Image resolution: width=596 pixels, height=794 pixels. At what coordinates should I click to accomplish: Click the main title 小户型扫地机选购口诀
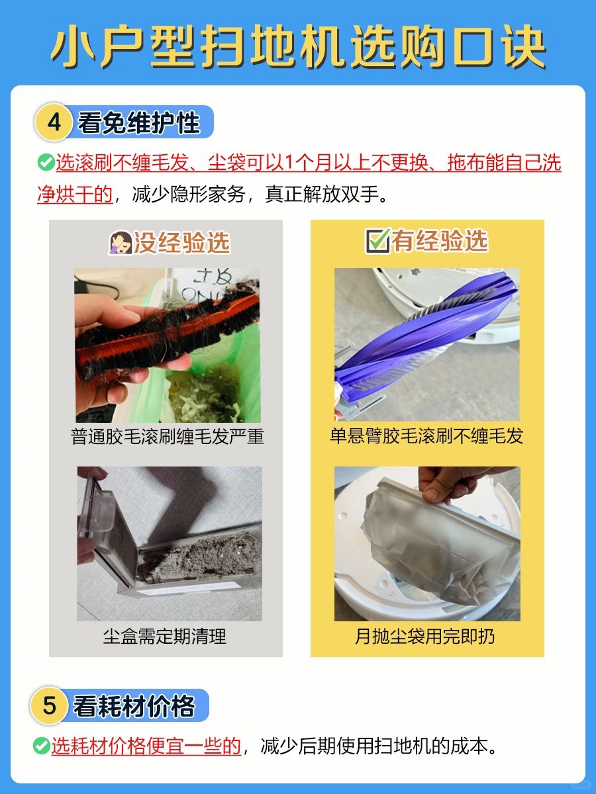tap(298, 47)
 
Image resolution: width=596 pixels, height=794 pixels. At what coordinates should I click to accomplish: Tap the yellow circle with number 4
tap(54, 122)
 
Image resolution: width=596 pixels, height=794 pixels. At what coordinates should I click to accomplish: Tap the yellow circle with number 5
tap(49, 705)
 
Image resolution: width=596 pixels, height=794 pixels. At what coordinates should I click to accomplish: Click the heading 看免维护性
tap(139, 122)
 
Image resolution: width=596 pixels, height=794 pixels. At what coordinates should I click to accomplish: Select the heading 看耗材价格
tap(134, 706)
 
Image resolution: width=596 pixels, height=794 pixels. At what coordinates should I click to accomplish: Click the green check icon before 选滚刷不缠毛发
tap(46, 162)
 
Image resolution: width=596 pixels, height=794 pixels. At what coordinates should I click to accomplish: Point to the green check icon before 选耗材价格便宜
tap(42, 746)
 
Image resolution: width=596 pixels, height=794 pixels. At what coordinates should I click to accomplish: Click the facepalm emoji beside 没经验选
tap(121, 242)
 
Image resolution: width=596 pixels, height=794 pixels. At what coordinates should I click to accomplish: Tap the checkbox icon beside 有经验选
tap(377, 241)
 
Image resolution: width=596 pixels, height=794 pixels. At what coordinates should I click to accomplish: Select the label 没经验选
tap(181, 242)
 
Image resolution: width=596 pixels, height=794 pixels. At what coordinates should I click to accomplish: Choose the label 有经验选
tap(440, 241)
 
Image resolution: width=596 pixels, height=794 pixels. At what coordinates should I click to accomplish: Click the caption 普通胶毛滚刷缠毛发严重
tap(167, 436)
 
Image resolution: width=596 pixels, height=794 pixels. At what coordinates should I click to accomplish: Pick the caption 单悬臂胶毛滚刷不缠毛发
tap(426, 436)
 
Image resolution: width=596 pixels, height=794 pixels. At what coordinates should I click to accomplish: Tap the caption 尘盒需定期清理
tap(165, 637)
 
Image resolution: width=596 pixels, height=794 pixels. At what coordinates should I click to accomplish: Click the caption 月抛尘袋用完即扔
tap(425, 637)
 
